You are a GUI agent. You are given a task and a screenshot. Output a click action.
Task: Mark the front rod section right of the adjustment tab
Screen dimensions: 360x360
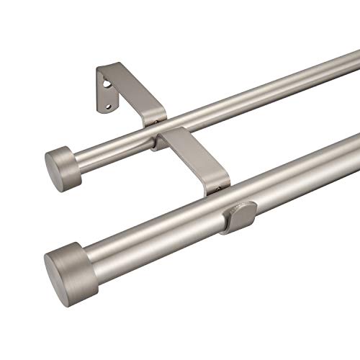pyautogui.click(x=302, y=173)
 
